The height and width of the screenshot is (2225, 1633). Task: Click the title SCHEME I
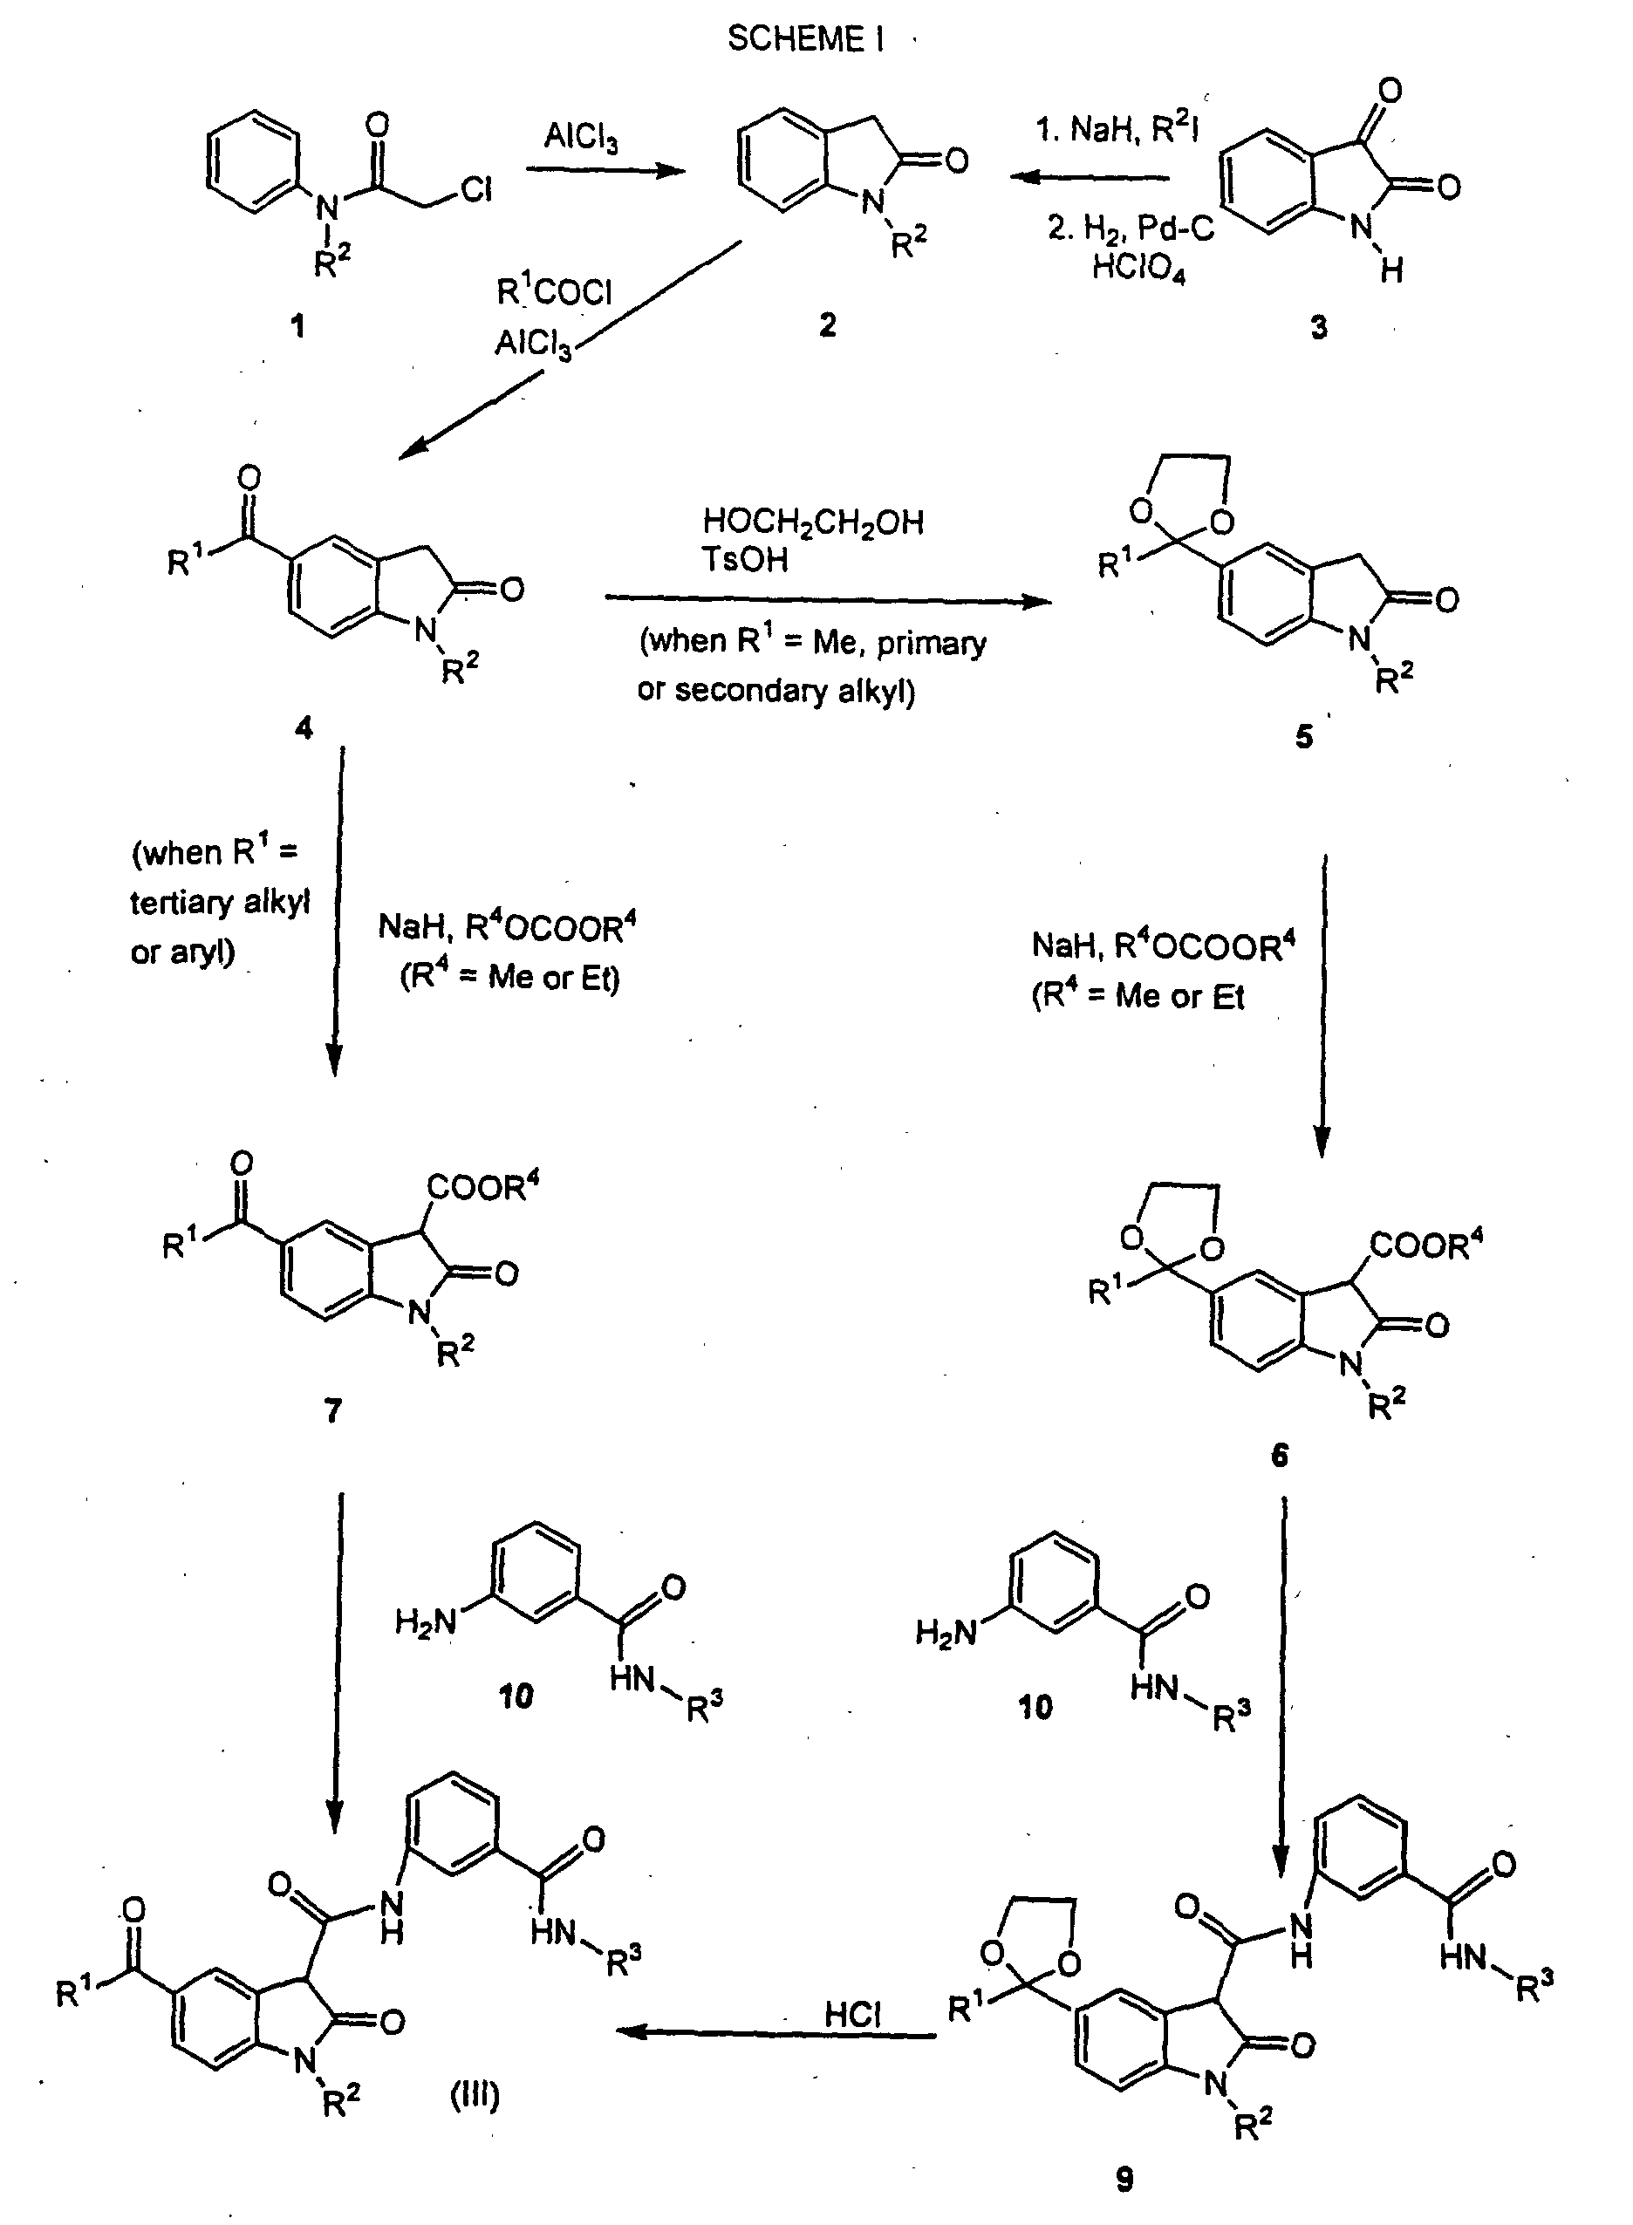pos(806,38)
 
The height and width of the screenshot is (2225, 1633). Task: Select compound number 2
pos(827,324)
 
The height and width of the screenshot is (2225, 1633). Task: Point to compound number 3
pos(1319,327)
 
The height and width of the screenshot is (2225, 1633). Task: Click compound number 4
pos(304,727)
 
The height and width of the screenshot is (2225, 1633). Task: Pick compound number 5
pos(1304,736)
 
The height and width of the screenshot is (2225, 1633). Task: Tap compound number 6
pos(1279,1455)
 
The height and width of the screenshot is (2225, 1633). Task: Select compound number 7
pos(333,1409)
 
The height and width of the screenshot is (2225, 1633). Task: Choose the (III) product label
pos(475,2094)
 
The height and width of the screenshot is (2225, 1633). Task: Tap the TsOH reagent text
pos(744,559)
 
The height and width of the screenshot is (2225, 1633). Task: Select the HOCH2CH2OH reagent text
pos(812,521)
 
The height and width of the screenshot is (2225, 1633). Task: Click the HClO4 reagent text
pos(1138,267)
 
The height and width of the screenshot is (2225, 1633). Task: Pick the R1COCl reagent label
pos(554,291)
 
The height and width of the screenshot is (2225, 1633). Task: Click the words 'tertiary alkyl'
pos(220,902)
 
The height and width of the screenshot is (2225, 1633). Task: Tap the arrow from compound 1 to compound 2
pos(605,170)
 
